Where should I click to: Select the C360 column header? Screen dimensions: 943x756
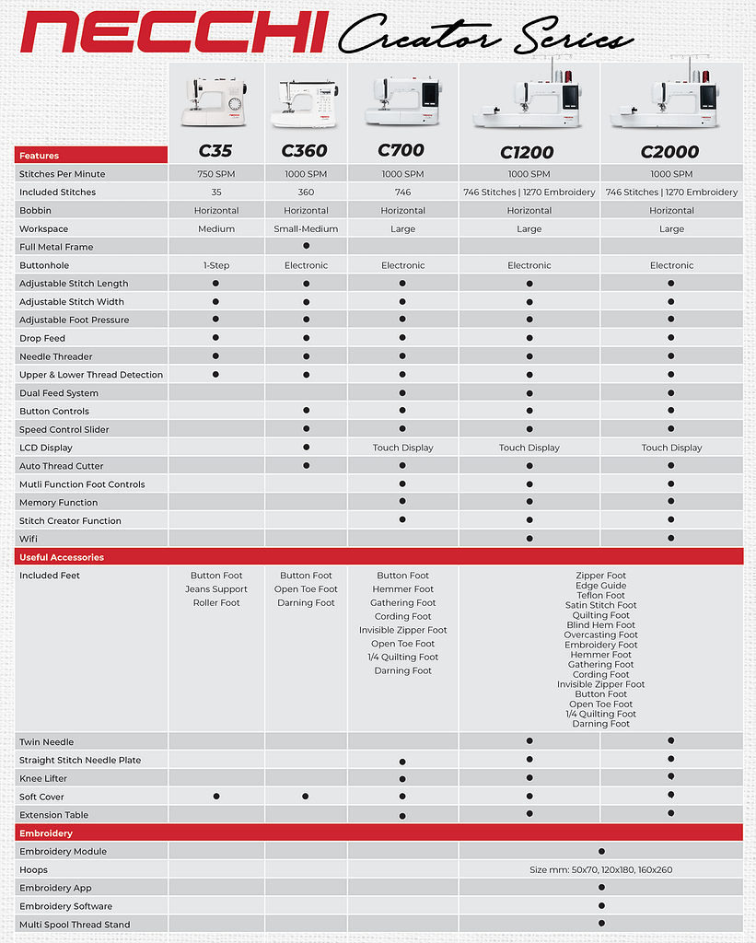click(305, 151)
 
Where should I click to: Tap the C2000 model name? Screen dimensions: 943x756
click(671, 151)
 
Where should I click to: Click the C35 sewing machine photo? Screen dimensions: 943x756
click(215, 101)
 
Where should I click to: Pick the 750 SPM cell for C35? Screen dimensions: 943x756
click(215, 174)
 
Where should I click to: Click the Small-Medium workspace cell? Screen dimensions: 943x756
click(306, 228)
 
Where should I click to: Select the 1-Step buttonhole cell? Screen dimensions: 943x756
click(215, 265)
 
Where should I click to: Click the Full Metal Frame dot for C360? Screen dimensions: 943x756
click(306, 246)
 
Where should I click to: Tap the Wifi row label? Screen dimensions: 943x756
click(29, 539)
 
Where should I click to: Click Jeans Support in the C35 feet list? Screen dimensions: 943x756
click(216, 589)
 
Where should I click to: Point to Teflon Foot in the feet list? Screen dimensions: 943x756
click(600, 596)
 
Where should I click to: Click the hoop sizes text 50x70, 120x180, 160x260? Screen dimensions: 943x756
click(600, 869)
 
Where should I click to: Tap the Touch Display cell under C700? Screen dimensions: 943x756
click(402, 448)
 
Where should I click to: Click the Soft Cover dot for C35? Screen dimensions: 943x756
click(215, 796)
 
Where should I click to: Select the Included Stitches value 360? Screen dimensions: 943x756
click(306, 192)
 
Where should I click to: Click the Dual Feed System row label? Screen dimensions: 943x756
click(59, 393)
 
